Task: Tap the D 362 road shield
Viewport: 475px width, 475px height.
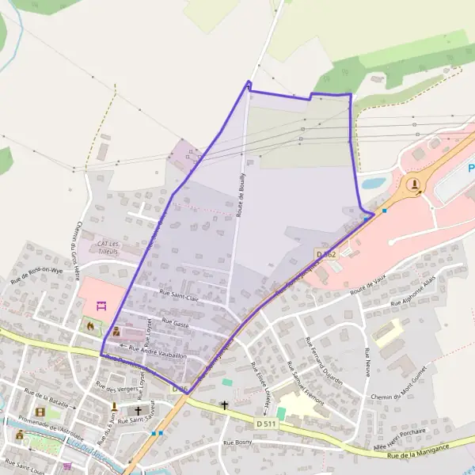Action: (x=325, y=254)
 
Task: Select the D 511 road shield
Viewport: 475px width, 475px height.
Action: (x=267, y=424)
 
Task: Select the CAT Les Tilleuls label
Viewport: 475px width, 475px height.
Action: (x=107, y=246)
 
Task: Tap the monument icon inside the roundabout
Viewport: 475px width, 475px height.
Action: (x=415, y=185)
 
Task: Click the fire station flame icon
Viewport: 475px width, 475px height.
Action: (x=89, y=325)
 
